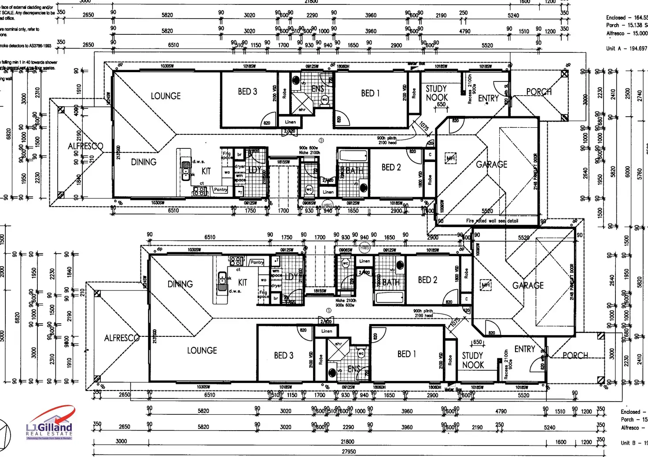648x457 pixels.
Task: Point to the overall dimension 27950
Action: coord(348,451)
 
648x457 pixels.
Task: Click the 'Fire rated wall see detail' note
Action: coord(492,221)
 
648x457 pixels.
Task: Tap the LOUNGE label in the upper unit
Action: coord(166,96)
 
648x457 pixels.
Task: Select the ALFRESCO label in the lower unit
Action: coord(121,338)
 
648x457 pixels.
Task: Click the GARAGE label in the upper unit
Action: coord(491,165)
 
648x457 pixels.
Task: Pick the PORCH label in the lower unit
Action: coord(575,355)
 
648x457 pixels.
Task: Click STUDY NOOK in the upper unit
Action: coord(436,93)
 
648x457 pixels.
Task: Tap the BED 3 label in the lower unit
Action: coord(283,355)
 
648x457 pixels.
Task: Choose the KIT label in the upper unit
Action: coord(206,171)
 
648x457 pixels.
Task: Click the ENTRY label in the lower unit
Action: coord(525,349)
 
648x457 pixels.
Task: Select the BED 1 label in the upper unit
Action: coord(370,93)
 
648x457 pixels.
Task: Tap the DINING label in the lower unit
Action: coord(180,284)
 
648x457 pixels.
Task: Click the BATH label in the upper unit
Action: coord(354,170)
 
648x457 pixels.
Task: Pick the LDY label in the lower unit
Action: coord(291,277)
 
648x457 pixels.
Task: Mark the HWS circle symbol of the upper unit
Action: coord(328,206)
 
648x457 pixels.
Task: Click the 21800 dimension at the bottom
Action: coord(347,442)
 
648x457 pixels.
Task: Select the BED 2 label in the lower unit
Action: coord(427,280)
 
